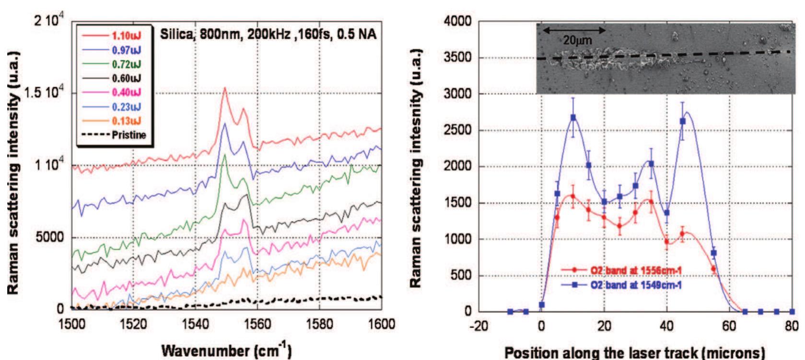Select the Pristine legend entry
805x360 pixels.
tap(128, 135)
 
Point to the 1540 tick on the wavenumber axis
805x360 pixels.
tap(195, 325)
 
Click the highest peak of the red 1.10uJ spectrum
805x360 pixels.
tap(224, 88)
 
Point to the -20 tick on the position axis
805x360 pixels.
tap(478, 326)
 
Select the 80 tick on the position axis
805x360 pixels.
tap(793, 326)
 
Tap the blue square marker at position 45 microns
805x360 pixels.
tap(683, 121)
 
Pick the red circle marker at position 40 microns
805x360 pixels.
tap(667, 242)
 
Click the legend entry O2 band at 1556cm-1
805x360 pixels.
tap(636, 271)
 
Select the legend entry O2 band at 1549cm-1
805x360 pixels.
tap(636, 285)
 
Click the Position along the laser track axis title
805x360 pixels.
tap(635, 352)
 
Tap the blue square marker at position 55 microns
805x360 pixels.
tap(714, 253)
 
